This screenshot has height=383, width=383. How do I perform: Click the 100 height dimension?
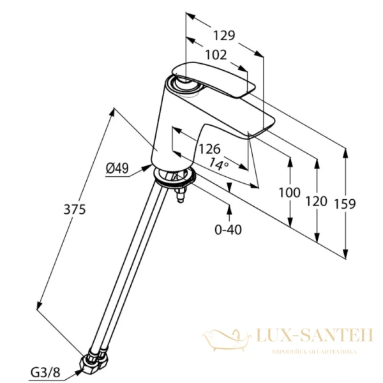coord(290,191)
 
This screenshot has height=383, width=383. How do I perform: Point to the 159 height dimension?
coord(345,203)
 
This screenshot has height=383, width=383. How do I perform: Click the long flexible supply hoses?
coord(131,268)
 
